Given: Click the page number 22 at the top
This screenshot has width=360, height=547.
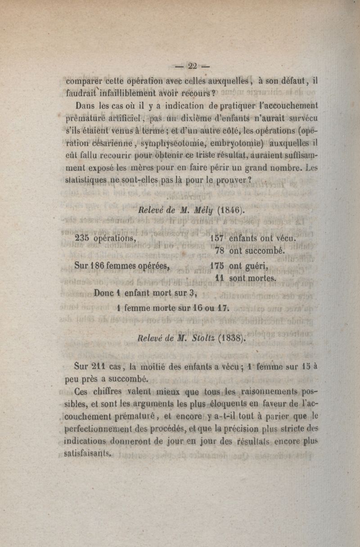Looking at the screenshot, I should pyautogui.click(x=193, y=66).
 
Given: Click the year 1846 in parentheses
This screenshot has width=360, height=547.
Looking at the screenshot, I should pyautogui.click(x=231, y=209).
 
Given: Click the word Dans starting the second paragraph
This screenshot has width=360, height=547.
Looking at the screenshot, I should pyautogui.click(x=81, y=107).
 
